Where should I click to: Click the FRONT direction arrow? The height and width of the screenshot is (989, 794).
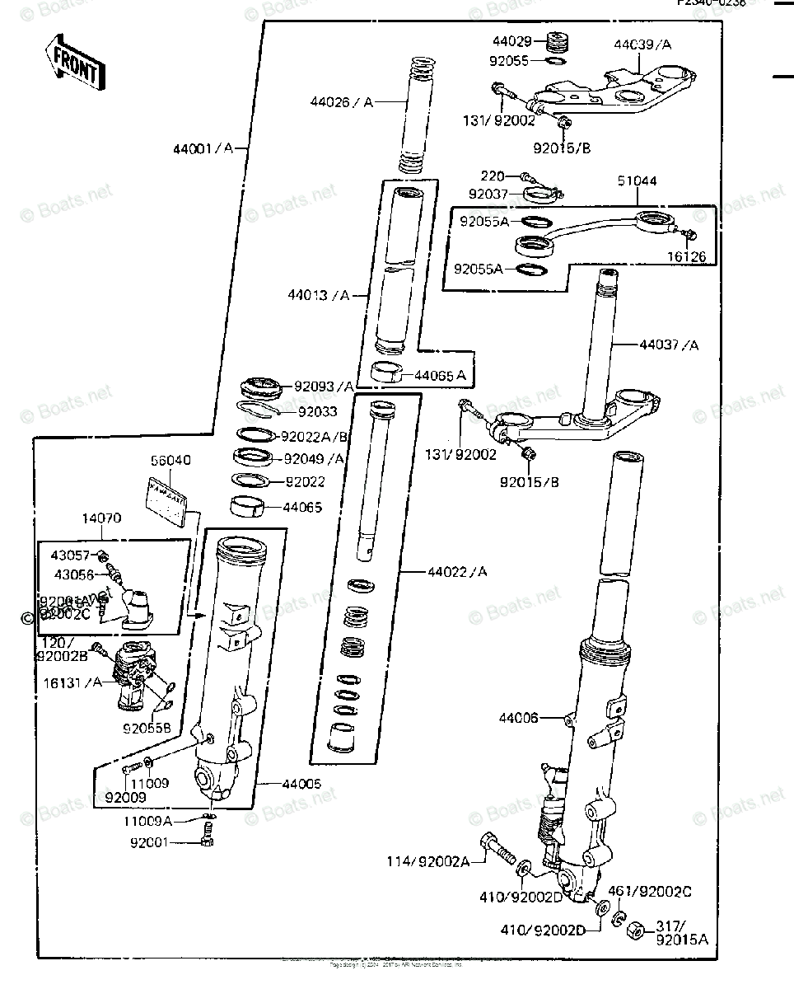(x=75, y=63)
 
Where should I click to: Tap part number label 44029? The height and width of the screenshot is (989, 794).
(x=513, y=41)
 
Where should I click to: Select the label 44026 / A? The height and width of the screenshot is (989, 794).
(x=342, y=102)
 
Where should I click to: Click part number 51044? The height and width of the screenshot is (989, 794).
(x=637, y=181)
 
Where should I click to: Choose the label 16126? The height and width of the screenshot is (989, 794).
(x=686, y=257)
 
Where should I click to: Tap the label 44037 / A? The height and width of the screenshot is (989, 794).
(x=668, y=345)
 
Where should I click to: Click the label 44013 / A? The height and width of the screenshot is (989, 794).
(x=319, y=294)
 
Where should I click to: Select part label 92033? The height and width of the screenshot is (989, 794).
(x=317, y=411)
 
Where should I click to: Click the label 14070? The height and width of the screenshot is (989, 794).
(x=100, y=519)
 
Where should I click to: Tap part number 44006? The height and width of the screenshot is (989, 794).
(x=518, y=719)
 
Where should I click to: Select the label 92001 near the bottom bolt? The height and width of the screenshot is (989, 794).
(x=149, y=842)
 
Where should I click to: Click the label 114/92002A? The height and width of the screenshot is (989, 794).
(x=428, y=861)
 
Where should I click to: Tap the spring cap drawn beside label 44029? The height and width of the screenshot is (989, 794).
(x=558, y=40)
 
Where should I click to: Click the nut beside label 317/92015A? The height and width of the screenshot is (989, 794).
(x=635, y=930)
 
